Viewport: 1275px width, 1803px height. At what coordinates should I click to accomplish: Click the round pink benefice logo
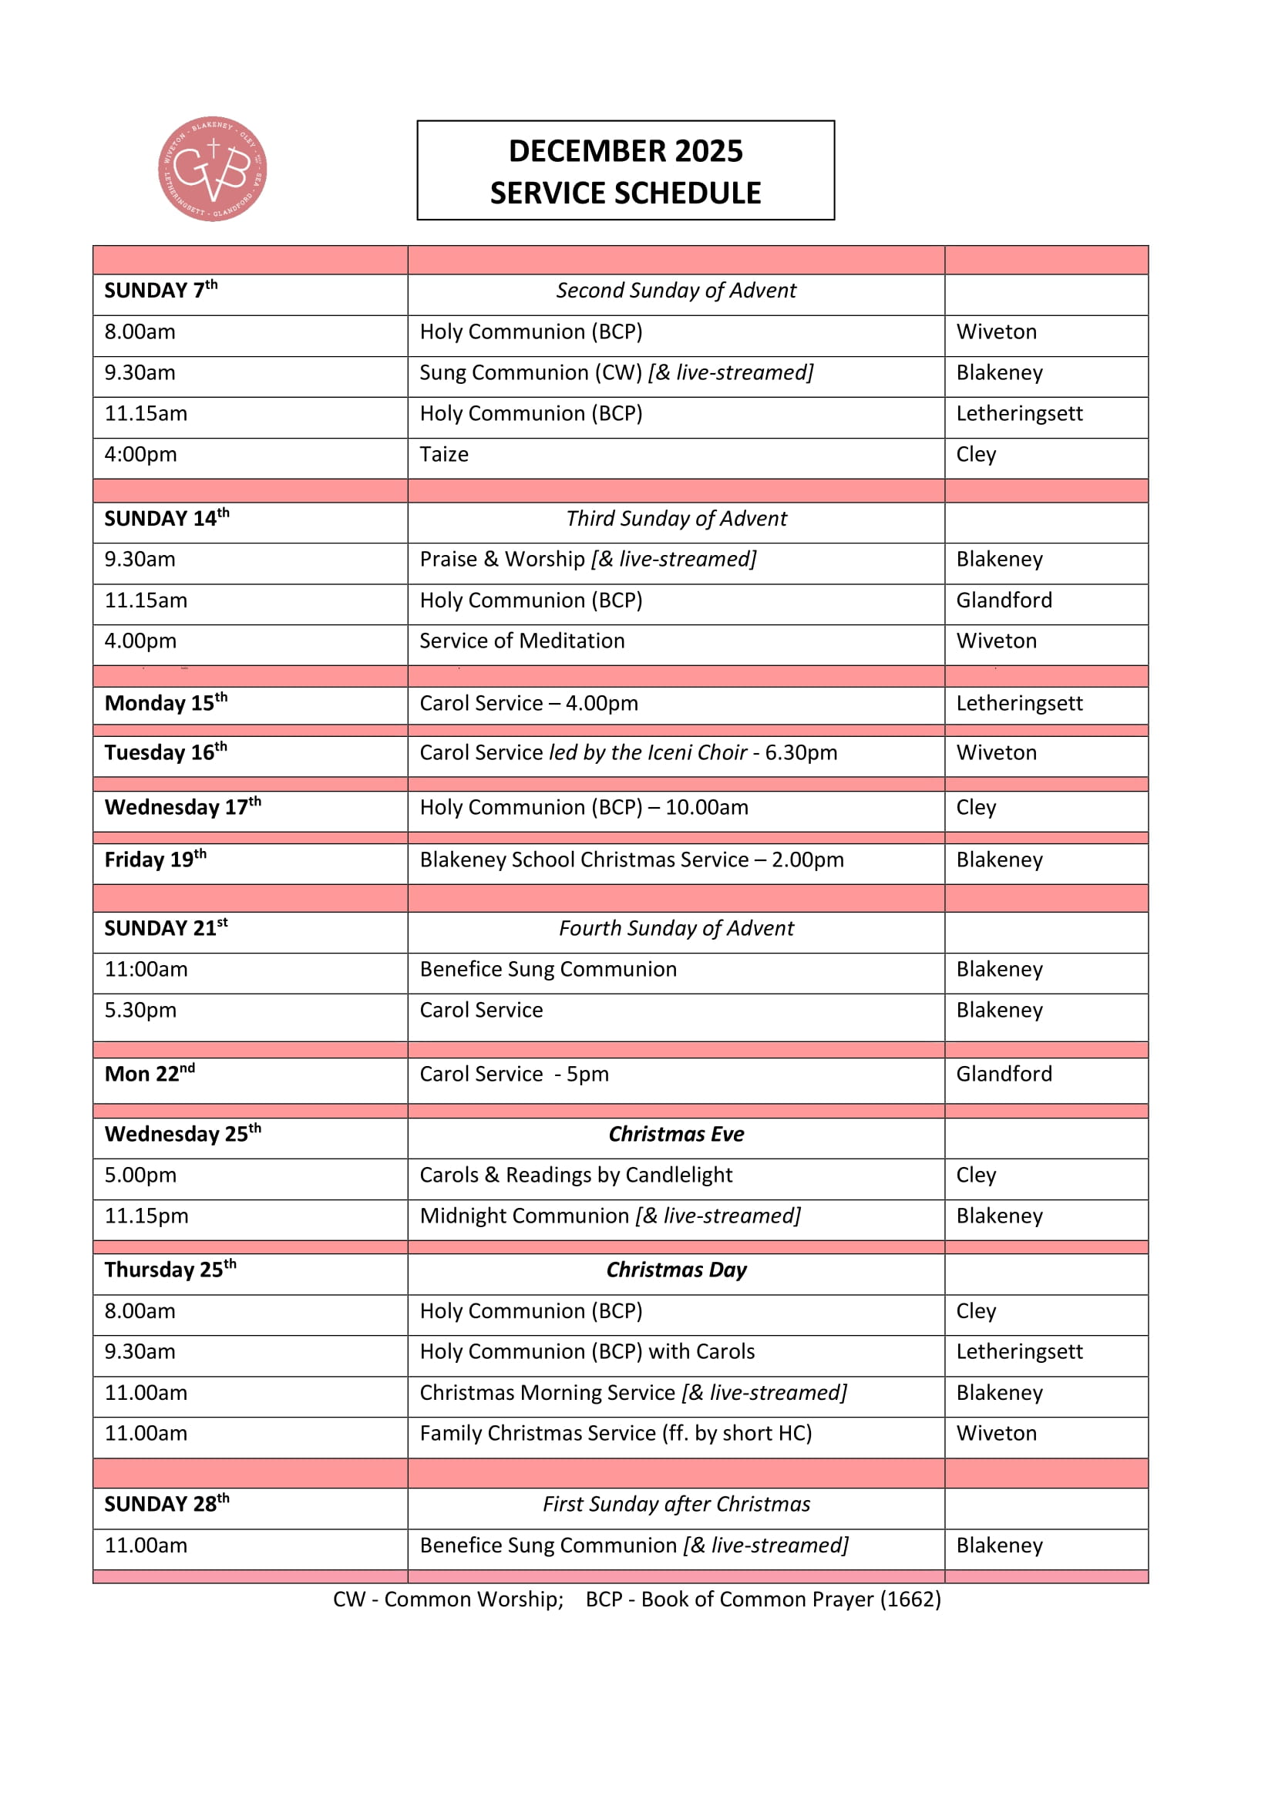click(212, 169)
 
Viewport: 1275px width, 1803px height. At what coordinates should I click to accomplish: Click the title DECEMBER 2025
click(625, 151)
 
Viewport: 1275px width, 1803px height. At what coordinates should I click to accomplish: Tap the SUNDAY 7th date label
click(161, 291)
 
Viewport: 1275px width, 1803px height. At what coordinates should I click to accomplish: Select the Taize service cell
click(443, 455)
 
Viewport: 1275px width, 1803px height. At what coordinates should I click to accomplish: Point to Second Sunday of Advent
click(675, 291)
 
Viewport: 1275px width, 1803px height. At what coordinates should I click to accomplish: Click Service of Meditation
click(521, 641)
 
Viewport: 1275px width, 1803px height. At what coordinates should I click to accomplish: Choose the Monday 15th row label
click(166, 703)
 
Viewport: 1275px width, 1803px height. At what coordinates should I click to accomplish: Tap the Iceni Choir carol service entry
click(627, 752)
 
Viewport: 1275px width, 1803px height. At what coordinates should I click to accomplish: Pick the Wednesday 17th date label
click(182, 807)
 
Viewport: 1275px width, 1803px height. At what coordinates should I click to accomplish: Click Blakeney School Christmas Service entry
click(631, 860)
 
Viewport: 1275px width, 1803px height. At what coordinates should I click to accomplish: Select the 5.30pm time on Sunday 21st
click(140, 1010)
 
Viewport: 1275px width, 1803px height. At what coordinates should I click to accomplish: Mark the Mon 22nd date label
click(150, 1074)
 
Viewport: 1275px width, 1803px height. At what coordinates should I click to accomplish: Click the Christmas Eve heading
click(675, 1134)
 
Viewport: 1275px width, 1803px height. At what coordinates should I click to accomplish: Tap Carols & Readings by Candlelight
click(576, 1175)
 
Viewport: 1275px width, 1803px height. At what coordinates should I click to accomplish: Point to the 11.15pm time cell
click(146, 1216)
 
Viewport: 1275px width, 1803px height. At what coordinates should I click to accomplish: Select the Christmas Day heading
click(675, 1270)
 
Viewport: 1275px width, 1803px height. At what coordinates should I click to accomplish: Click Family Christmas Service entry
click(614, 1433)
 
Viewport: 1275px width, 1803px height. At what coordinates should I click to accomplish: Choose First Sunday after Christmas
click(675, 1504)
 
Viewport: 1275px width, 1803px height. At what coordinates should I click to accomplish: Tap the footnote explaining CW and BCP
click(636, 1599)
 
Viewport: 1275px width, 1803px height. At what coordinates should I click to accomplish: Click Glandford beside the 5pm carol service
click(1004, 1074)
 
